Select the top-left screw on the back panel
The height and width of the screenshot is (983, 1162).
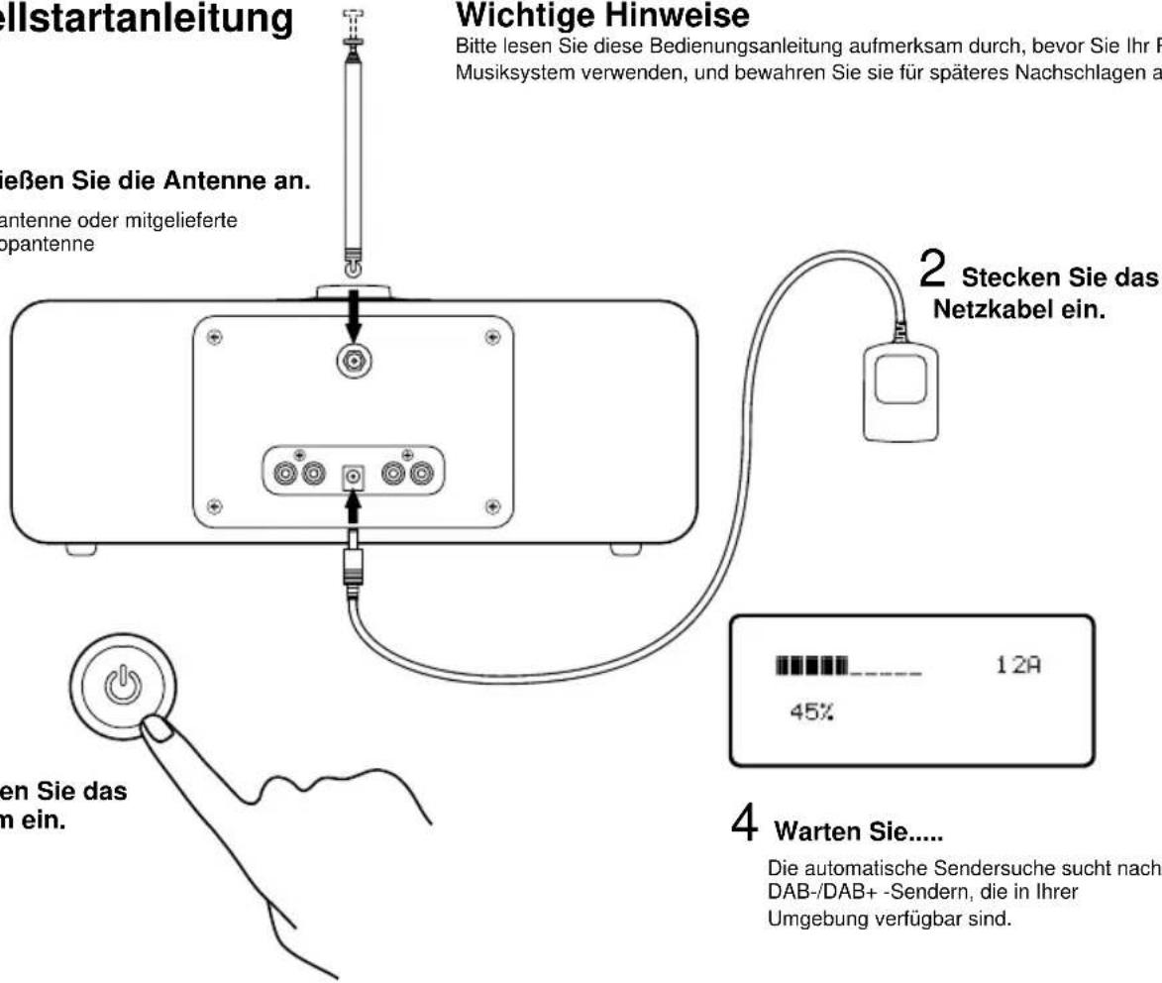coord(211,336)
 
